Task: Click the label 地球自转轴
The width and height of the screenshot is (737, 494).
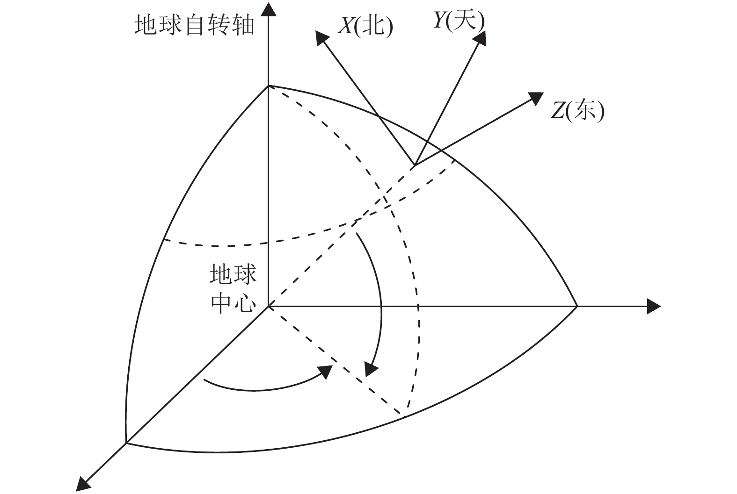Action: pyautogui.click(x=194, y=25)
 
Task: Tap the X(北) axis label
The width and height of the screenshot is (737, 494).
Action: pyautogui.click(x=365, y=27)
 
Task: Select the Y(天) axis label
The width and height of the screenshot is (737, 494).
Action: pyautogui.click(x=459, y=20)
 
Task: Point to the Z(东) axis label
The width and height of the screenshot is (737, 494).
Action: pyautogui.click(x=577, y=111)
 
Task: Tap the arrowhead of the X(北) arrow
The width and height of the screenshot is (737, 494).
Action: pyautogui.click(x=321, y=37)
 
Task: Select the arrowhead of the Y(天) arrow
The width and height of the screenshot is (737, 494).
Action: pyautogui.click(x=480, y=37)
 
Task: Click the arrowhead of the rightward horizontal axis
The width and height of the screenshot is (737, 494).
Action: pyautogui.click(x=654, y=307)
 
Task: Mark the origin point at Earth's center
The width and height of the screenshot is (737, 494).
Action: pyautogui.click(x=268, y=307)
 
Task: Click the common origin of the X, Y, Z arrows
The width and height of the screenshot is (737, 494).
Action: pyautogui.click(x=415, y=165)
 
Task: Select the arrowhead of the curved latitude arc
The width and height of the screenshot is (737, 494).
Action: pyautogui.click(x=371, y=370)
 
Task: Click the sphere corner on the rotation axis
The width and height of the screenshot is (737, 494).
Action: pyautogui.click(x=268, y=86)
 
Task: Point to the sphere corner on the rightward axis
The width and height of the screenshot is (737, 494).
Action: pyautogui.click(x=577, y=307)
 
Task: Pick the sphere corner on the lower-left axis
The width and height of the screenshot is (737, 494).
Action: pyautogui.click(x=126, y=443)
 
